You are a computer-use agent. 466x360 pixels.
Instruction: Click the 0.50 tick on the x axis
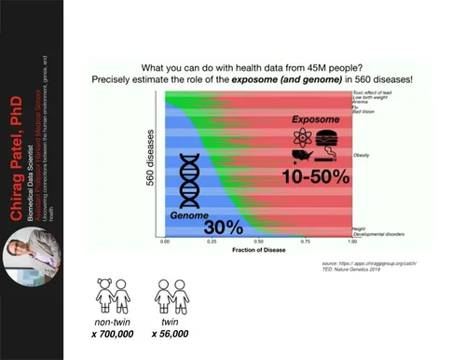point(258,241)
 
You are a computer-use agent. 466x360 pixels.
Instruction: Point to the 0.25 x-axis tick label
point(212,241)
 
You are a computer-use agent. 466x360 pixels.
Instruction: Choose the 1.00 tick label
point(350,241)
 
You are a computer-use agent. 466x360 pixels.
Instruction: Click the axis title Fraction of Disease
point(257,250)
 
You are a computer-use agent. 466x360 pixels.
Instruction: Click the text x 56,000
point(169,333)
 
